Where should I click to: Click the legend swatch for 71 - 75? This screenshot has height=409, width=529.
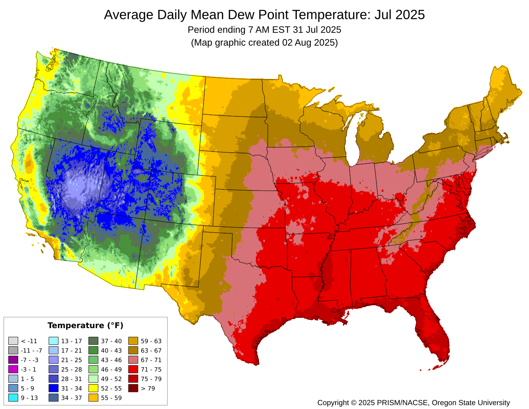point(133,370)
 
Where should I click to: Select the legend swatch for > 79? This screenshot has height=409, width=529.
point(133,388)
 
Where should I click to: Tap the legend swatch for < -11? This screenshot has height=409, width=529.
point(13,341)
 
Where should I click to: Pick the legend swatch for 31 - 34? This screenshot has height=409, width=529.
point(54,388)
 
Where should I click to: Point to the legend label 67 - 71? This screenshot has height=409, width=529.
point(151,360)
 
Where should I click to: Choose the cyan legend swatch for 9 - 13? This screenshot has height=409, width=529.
point(13,398)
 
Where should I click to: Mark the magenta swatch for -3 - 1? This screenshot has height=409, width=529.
point(13,370)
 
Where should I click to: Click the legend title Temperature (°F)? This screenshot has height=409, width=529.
point(86,325)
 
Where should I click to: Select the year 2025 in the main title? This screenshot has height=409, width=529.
point(410,15)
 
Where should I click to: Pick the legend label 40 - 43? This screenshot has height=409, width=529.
point(112,351)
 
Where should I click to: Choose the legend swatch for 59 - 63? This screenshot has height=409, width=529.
point(133,341)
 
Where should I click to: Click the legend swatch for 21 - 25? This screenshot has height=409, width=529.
point(54,360)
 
